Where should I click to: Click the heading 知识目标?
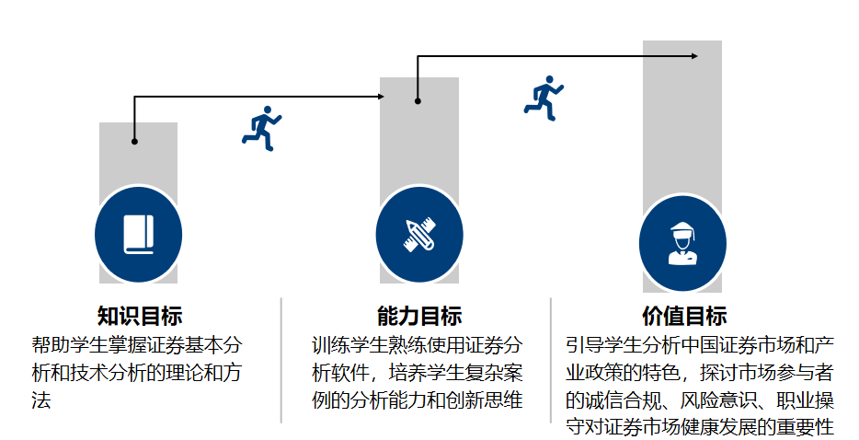coord(140,317)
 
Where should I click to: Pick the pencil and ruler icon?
coord(419,235)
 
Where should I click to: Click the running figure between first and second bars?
coord(261,128)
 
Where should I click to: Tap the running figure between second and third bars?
coord(544,98)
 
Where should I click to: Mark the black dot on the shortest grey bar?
coord(134,142)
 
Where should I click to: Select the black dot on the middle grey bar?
coord(418,101)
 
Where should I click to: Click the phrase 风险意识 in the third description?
coord(685,400)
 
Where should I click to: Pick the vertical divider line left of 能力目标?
coord(281,359)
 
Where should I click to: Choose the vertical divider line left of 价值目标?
coord(551,359)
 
